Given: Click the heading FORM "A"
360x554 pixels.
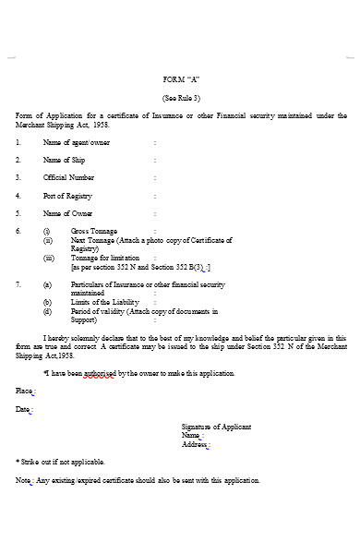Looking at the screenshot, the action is [181, 79].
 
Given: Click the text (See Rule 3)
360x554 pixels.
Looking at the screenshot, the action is [181, 97].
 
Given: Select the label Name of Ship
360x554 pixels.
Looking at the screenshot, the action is [64, 160].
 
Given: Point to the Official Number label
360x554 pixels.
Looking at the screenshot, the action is [68, 177].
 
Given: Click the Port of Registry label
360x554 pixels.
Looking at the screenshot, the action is [67, 196].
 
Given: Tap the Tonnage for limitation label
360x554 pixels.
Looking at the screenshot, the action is [105, 258].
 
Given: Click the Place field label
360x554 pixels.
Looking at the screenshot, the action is [25, 391].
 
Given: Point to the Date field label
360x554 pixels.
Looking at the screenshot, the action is [24, 409].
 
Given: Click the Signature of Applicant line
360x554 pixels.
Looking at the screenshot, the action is [216, 427].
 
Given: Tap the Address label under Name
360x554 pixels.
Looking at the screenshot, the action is [195, 444].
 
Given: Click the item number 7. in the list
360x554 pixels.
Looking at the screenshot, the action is [18, 284].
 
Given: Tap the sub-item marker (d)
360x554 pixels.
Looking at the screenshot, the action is [47, 311].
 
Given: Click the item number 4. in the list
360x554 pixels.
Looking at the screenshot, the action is [18, 196].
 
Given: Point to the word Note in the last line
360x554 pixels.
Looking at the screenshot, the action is [23, 480].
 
